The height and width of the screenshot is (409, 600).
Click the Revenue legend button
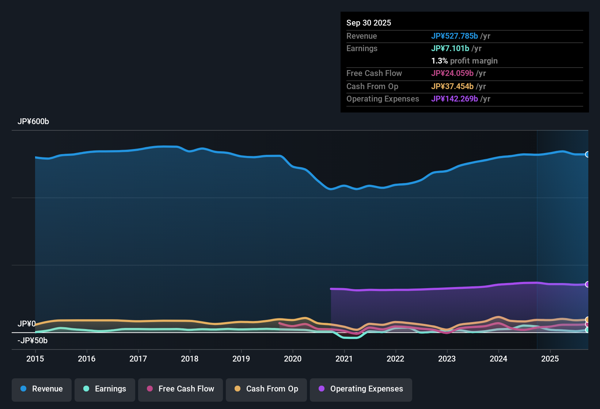(42, 389)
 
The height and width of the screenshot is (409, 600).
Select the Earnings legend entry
(105, 389)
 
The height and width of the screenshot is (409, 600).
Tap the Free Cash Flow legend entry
(181, 389)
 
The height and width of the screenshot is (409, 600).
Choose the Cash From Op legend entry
(266, 389)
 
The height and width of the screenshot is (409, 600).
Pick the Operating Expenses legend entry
(361, 389)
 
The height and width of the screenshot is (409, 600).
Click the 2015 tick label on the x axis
(35, 359)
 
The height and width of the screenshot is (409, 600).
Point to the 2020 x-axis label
(293, 359)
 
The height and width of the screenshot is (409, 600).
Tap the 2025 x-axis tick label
(550, 359)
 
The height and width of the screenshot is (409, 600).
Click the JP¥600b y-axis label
(33, 122)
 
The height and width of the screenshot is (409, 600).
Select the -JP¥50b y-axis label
(33, 341)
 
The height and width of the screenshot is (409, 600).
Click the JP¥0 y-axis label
(27, 324)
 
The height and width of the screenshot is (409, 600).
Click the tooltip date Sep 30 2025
(369, 23)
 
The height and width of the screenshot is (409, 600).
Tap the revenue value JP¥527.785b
(455, 36)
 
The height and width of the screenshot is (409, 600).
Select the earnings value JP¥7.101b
(450, 48)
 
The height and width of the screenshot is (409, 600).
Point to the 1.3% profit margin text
(464, 61)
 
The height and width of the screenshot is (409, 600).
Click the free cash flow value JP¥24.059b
(452, 73)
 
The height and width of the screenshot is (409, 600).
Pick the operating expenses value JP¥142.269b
(455, 99)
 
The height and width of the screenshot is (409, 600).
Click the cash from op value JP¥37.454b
(452, 86)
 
